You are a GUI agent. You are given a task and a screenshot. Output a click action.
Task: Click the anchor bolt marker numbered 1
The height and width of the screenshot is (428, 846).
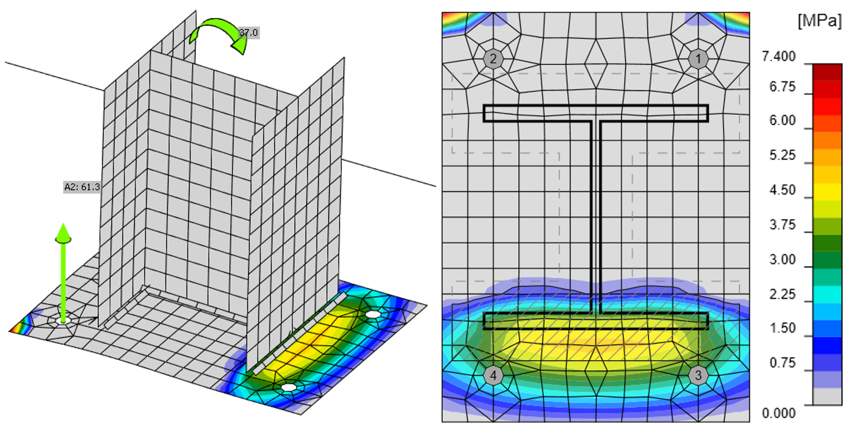pyautogui.click(x=698, y=59)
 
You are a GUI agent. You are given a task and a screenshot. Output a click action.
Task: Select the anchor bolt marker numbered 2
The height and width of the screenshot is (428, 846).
pyautogui.click(x=493, y=59)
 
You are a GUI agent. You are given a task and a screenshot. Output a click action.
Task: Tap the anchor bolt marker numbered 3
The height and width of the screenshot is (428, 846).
pyautogui.click(x=698, y=375)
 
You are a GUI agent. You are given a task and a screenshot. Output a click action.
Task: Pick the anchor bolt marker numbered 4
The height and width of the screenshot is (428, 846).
pyautogui.click(x=493, y=375)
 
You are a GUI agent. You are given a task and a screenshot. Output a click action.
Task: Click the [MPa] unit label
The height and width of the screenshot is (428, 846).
pyautogui.click(x=819, y=21)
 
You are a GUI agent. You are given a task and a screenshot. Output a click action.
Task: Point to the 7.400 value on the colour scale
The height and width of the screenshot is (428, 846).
pyautogui.click(x=779, y=57)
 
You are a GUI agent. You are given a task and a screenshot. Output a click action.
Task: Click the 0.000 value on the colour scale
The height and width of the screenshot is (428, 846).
pyautogui.click(x=779, y=413)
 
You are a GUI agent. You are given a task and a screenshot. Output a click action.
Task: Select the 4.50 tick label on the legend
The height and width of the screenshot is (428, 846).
pyautogui.click(x=782, y=190)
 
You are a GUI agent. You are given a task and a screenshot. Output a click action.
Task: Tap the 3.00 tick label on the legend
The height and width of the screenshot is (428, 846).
pyautogui.click(x=782, y=260)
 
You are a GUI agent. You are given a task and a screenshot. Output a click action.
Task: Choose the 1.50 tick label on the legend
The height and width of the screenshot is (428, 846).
pyautogui.click(x=782, y=328)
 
